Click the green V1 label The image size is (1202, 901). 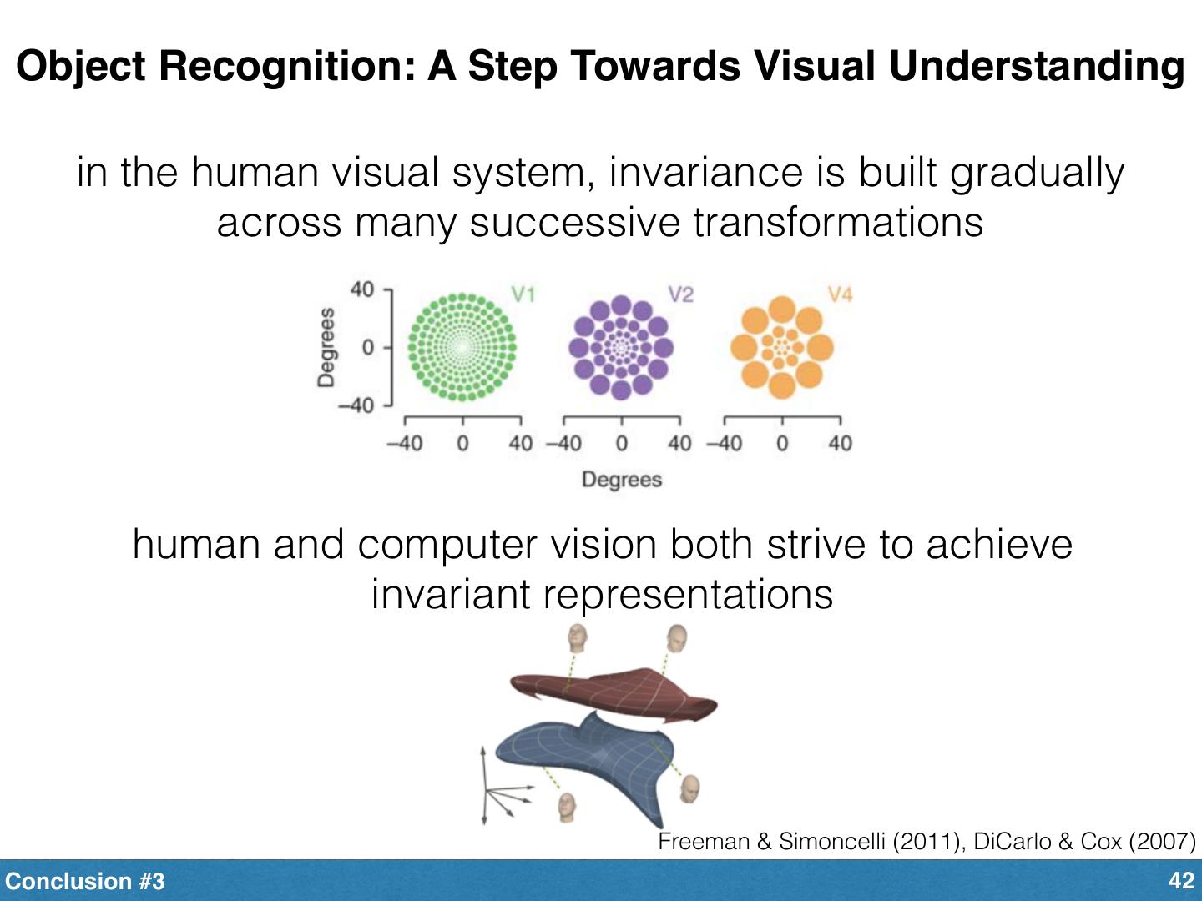523,294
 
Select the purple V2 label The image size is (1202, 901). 680,294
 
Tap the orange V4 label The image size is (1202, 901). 840,294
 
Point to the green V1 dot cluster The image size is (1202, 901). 461,346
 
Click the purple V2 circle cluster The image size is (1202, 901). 620,346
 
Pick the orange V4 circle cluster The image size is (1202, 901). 781,346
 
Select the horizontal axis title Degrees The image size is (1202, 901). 621,480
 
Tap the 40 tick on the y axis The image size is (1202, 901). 361,289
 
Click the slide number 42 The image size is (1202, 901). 1182,881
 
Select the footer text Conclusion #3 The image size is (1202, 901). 85,882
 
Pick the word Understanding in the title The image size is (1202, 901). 1036,67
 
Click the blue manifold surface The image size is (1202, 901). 584,747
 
